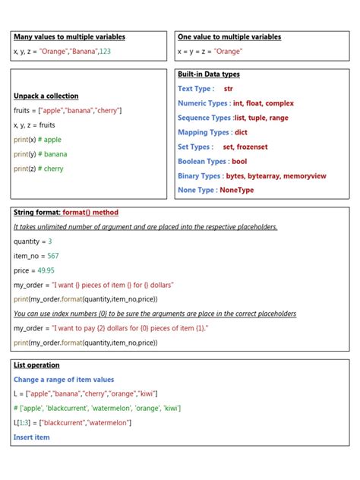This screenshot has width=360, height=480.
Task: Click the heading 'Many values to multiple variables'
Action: [x=69, y=36]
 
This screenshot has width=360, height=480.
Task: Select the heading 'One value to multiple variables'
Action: [x=229, y=36]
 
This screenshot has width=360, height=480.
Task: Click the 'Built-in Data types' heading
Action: [x=209, y=74]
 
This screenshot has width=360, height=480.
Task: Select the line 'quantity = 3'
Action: [x=33, y=242]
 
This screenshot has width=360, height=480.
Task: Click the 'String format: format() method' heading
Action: [x=66, y=212]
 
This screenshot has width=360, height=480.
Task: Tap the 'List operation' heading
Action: [x=36, y=365]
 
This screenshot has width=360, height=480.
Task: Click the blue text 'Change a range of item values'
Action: [x=63, y=379]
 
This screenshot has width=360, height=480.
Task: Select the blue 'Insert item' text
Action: [x=31, y=437]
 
